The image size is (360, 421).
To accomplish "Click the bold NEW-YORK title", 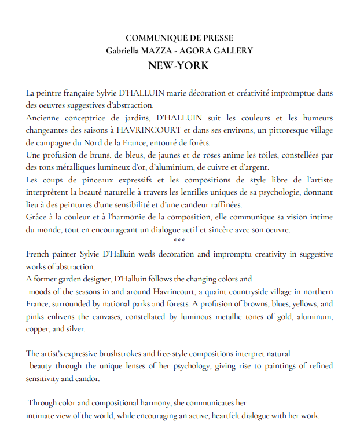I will click(178, 65).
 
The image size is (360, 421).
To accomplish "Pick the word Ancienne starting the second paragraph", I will click(43, 118).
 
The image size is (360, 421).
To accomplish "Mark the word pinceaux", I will click(100, 180).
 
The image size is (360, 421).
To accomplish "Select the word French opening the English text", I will click(39, 254).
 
